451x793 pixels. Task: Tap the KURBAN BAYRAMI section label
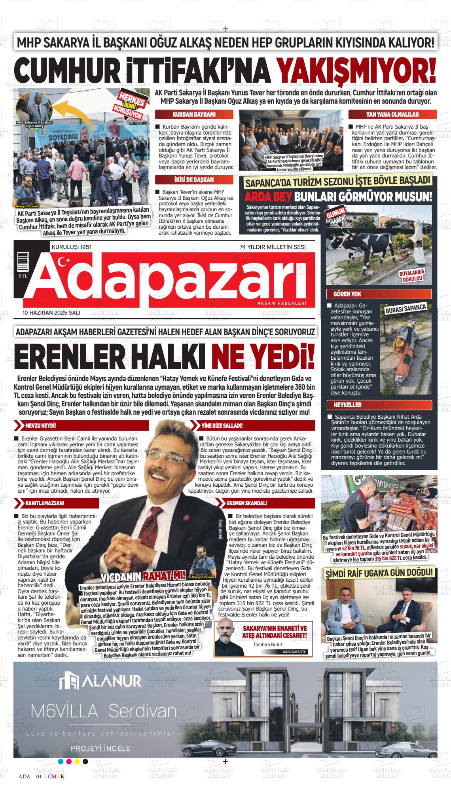click(194, 115)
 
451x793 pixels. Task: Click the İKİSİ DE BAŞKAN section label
click(194, 180)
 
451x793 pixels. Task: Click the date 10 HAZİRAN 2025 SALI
click(51, 313)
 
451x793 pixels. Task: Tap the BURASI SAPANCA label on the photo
click(405, 308)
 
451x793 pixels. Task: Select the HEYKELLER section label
click(343, 405)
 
